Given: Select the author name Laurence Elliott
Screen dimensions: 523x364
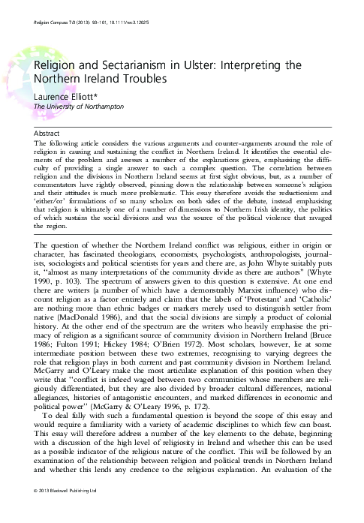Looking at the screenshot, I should [55, 97].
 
